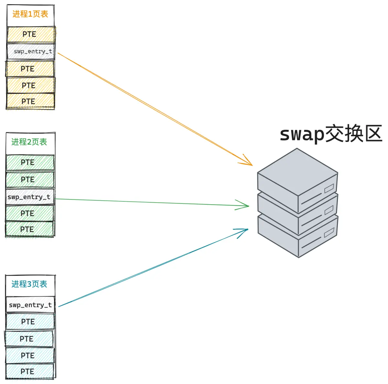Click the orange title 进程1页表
(30, 14)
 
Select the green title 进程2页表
(29, 142)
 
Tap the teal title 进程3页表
(29, 284)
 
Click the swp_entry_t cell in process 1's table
(31, 51)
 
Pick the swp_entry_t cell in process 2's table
(30, 197)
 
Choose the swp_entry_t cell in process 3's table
(30, 305)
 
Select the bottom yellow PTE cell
(30, 101)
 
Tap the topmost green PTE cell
(30, 162)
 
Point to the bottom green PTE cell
(30, 229)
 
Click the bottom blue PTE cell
(30, 371)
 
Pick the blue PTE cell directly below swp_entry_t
(30, 322)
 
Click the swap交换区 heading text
(331, 134)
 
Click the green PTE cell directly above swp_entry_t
(30, 179)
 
